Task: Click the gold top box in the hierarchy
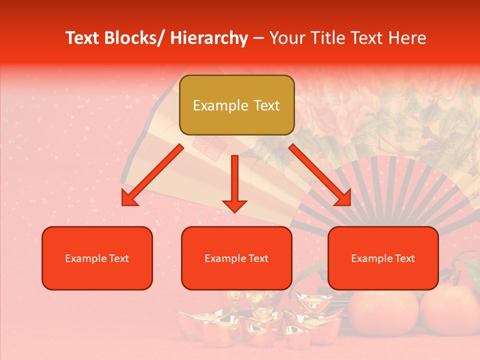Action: pos(236,105)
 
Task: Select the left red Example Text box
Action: pos(97,258)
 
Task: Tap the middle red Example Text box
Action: pos(236,258)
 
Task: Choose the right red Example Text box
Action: pos(383,258)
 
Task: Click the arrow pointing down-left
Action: pos(152,175)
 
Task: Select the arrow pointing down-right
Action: pos(320,175)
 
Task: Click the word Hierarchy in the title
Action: pos(209,38)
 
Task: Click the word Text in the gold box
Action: pos(265,105)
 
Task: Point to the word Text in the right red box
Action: pos(404,258)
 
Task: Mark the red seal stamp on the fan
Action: pos(207,148)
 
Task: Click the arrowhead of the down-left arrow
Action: pos(129,199)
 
